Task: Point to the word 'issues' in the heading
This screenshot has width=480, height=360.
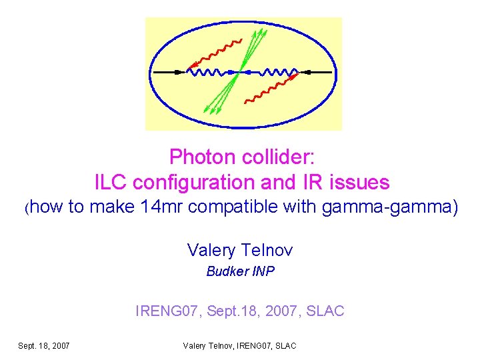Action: click(x=361, y=182)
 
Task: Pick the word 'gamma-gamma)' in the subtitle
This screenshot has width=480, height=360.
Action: click(x=390, y=208)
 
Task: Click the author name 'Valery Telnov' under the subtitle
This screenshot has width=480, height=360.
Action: click(x=240, y=250)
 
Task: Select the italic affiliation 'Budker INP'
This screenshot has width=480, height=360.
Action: click(x=240, y=271)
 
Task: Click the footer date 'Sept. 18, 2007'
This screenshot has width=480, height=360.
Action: click(x=44, y=345)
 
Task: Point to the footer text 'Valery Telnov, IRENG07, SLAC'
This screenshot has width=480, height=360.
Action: click(x=239, y=345)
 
